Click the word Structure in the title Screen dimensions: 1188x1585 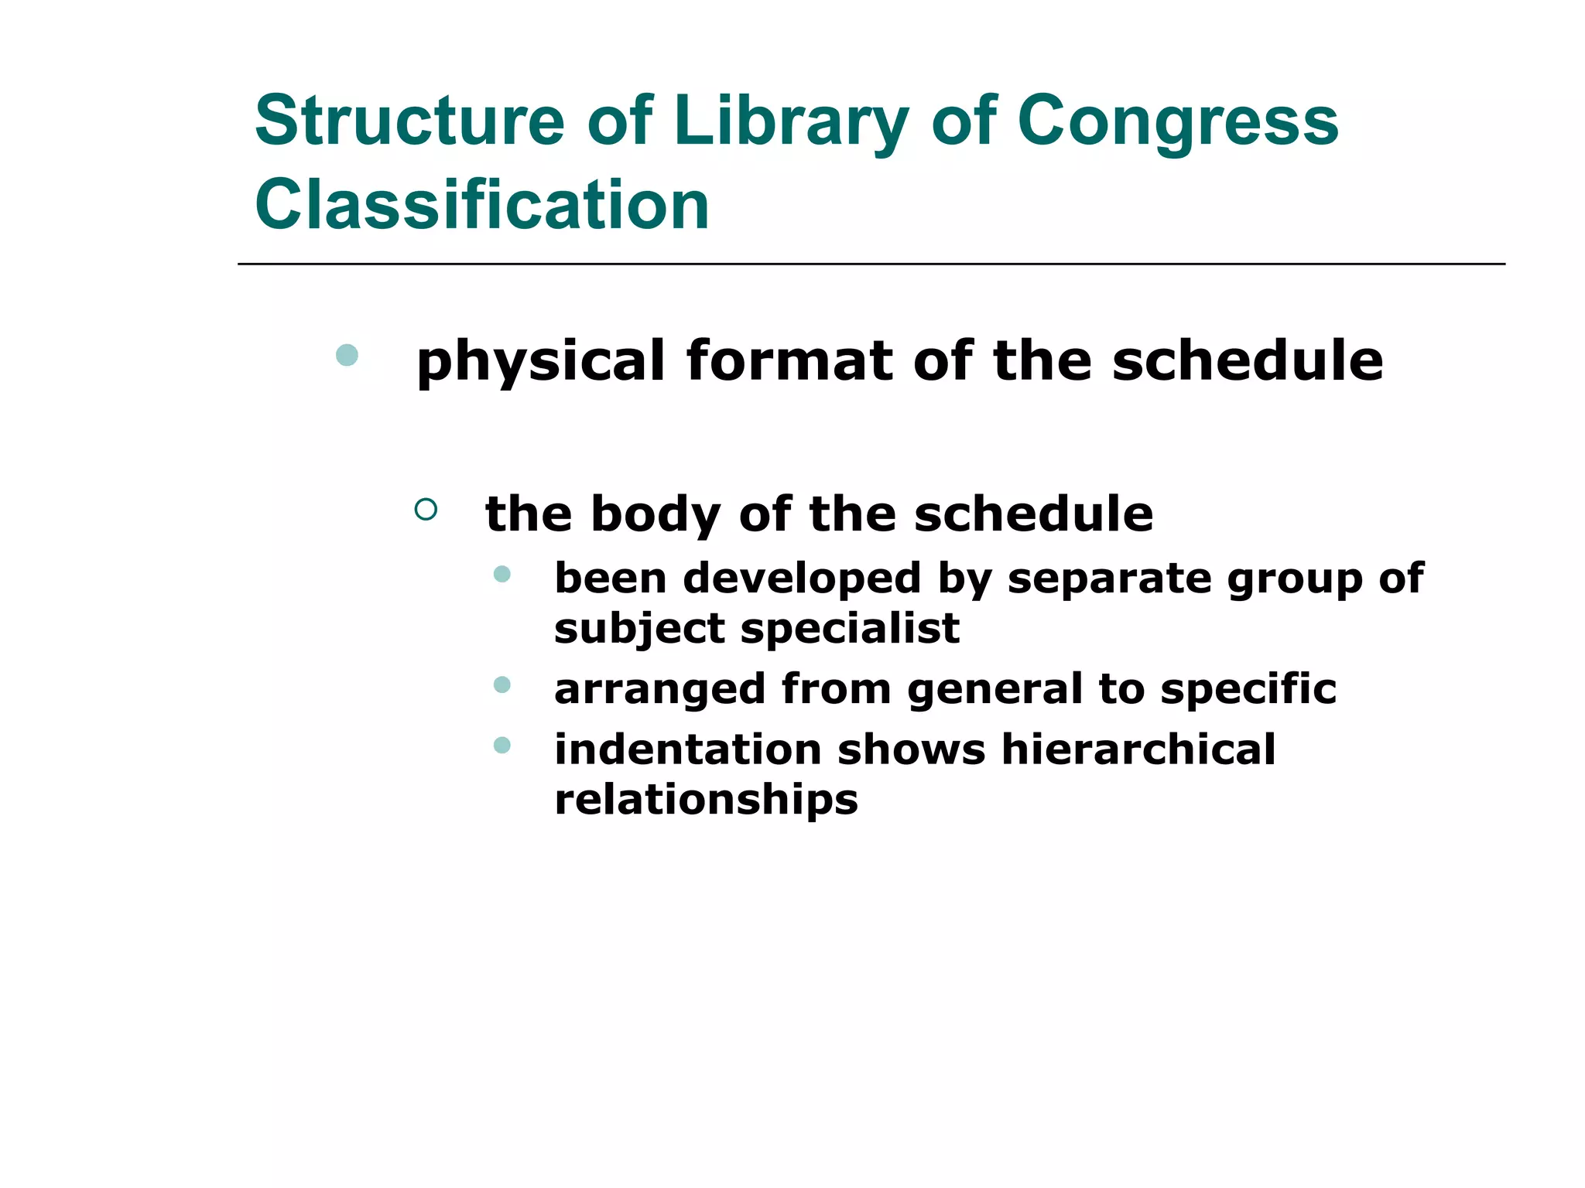(x=410, y=121)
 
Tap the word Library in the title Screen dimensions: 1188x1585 (x=791, y=122)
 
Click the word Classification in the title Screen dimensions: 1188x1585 (x=481, y=205)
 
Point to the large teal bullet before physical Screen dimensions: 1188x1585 (x=347, y=355)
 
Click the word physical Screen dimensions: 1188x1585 (x=540, y=362)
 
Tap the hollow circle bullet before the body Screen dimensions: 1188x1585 (x=426, y=509)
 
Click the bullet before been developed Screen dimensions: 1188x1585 (x=502, y=574)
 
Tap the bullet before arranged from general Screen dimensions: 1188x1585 (x=502, y=684)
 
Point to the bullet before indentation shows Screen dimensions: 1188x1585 (x=502, y=746)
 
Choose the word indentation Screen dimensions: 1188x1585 (x=687, y=749)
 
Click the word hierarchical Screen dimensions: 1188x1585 (x=1138, y=749)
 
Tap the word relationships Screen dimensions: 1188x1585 (x=706, y=800)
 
